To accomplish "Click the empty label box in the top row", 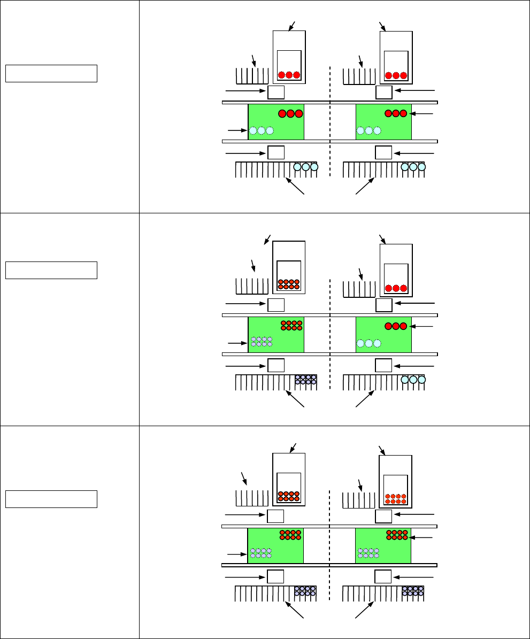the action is tap(51, 73).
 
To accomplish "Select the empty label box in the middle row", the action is tap(51, 271).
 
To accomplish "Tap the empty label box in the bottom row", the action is tap(51, 498).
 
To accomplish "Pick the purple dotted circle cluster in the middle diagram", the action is tap(262, 341).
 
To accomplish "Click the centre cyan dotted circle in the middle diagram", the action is tap(368, 343).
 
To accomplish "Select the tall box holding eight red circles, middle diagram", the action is tap(289, 267).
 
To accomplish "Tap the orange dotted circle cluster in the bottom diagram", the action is tap(396, 499).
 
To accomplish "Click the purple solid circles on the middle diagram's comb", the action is tap(306, 379).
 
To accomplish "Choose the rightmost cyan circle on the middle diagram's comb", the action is tap(421, 380).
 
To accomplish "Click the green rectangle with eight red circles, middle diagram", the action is tap(276, 335).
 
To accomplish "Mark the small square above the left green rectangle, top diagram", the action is tap(275, 93).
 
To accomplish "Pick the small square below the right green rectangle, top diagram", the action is tap(383, 152).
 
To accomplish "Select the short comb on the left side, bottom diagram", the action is tap(251, 498).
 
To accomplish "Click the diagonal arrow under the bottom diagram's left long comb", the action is tap(296, 611).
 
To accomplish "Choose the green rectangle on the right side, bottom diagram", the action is tap(383, 545).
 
